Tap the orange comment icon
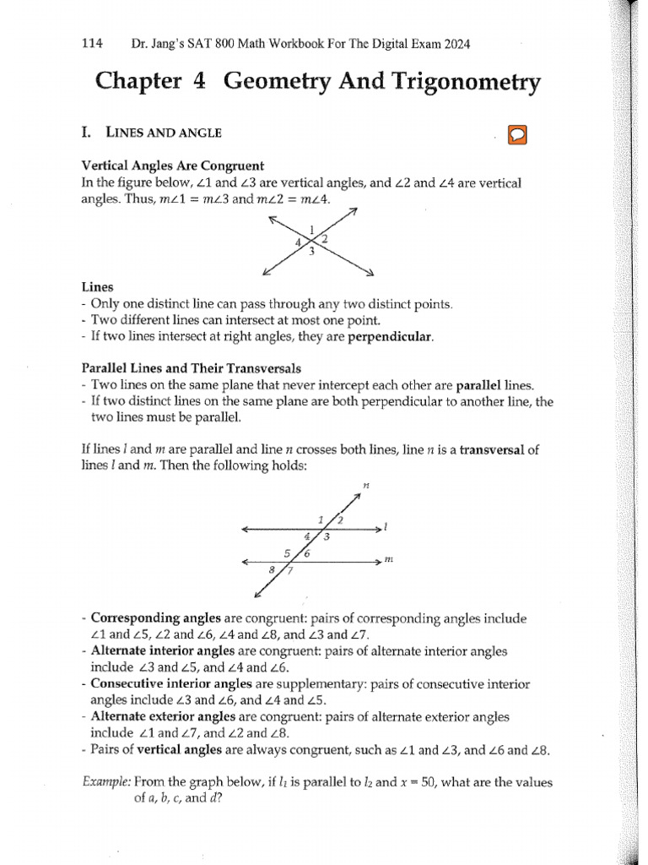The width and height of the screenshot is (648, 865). (516, 135)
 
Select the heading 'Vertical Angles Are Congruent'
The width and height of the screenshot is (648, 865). (172, 166)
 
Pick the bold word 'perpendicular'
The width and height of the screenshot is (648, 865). (394, 336)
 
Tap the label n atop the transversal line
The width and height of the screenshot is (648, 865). (366, 486)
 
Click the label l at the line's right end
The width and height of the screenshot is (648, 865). (385, 528)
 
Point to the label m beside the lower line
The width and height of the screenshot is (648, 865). (389, 560)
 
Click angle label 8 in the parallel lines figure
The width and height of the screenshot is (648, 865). (272, 570)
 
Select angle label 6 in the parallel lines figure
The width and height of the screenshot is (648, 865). (306, 554)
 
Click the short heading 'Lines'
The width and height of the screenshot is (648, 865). (97, 287)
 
